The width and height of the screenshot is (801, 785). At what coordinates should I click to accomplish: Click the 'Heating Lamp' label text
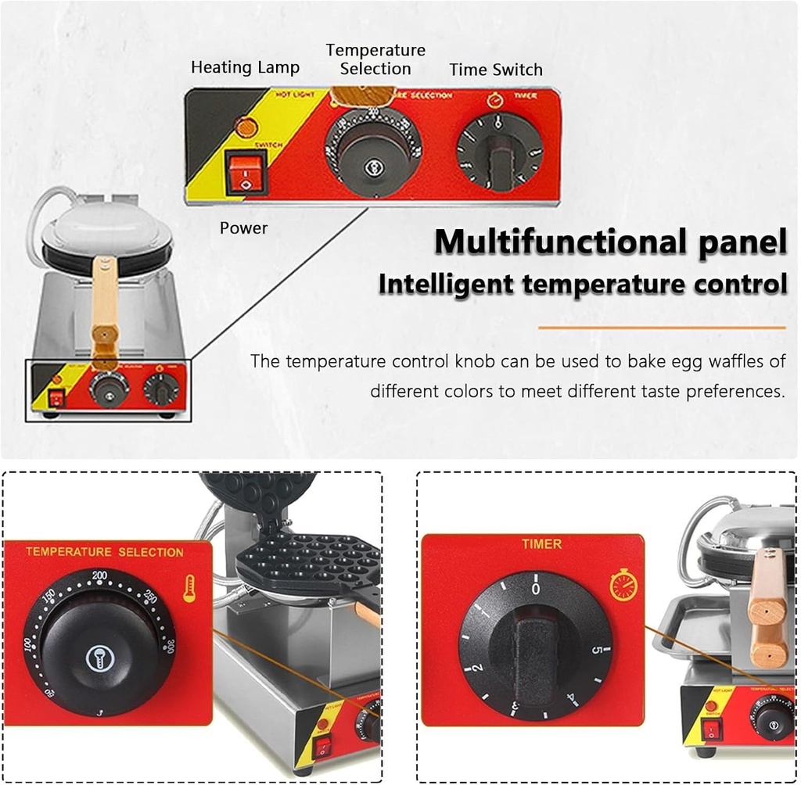pos(245,68)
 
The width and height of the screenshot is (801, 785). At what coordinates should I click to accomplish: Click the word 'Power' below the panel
pos(243,228)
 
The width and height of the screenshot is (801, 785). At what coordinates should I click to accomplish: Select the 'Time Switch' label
pos(496,70)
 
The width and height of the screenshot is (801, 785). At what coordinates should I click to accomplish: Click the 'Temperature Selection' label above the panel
pos(375,59)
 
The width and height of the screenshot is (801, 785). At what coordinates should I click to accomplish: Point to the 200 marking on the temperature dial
pos(99,576)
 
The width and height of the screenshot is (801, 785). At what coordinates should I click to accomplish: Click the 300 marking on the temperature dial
pos(167,646)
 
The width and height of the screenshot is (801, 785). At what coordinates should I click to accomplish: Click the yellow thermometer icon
pos(189,587)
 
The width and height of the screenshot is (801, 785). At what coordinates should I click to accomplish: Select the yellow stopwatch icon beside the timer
pos(623,584)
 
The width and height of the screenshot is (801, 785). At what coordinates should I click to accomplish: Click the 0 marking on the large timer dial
pos(535,588)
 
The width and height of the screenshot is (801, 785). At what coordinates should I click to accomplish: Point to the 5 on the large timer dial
pos(596,651)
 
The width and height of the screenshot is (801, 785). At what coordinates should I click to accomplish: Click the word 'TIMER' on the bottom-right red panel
pos(541,543)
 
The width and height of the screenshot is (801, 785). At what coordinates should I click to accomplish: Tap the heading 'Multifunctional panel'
pos(610,242)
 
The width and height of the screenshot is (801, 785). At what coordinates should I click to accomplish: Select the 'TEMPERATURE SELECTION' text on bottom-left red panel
pos(104,552)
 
